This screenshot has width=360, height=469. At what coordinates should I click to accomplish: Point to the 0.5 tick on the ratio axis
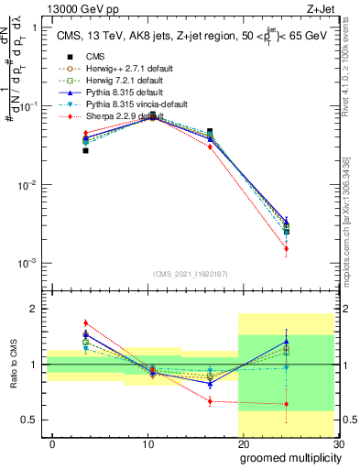point(29,420)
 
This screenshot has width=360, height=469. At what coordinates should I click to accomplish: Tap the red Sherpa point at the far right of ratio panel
point(287,404)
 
